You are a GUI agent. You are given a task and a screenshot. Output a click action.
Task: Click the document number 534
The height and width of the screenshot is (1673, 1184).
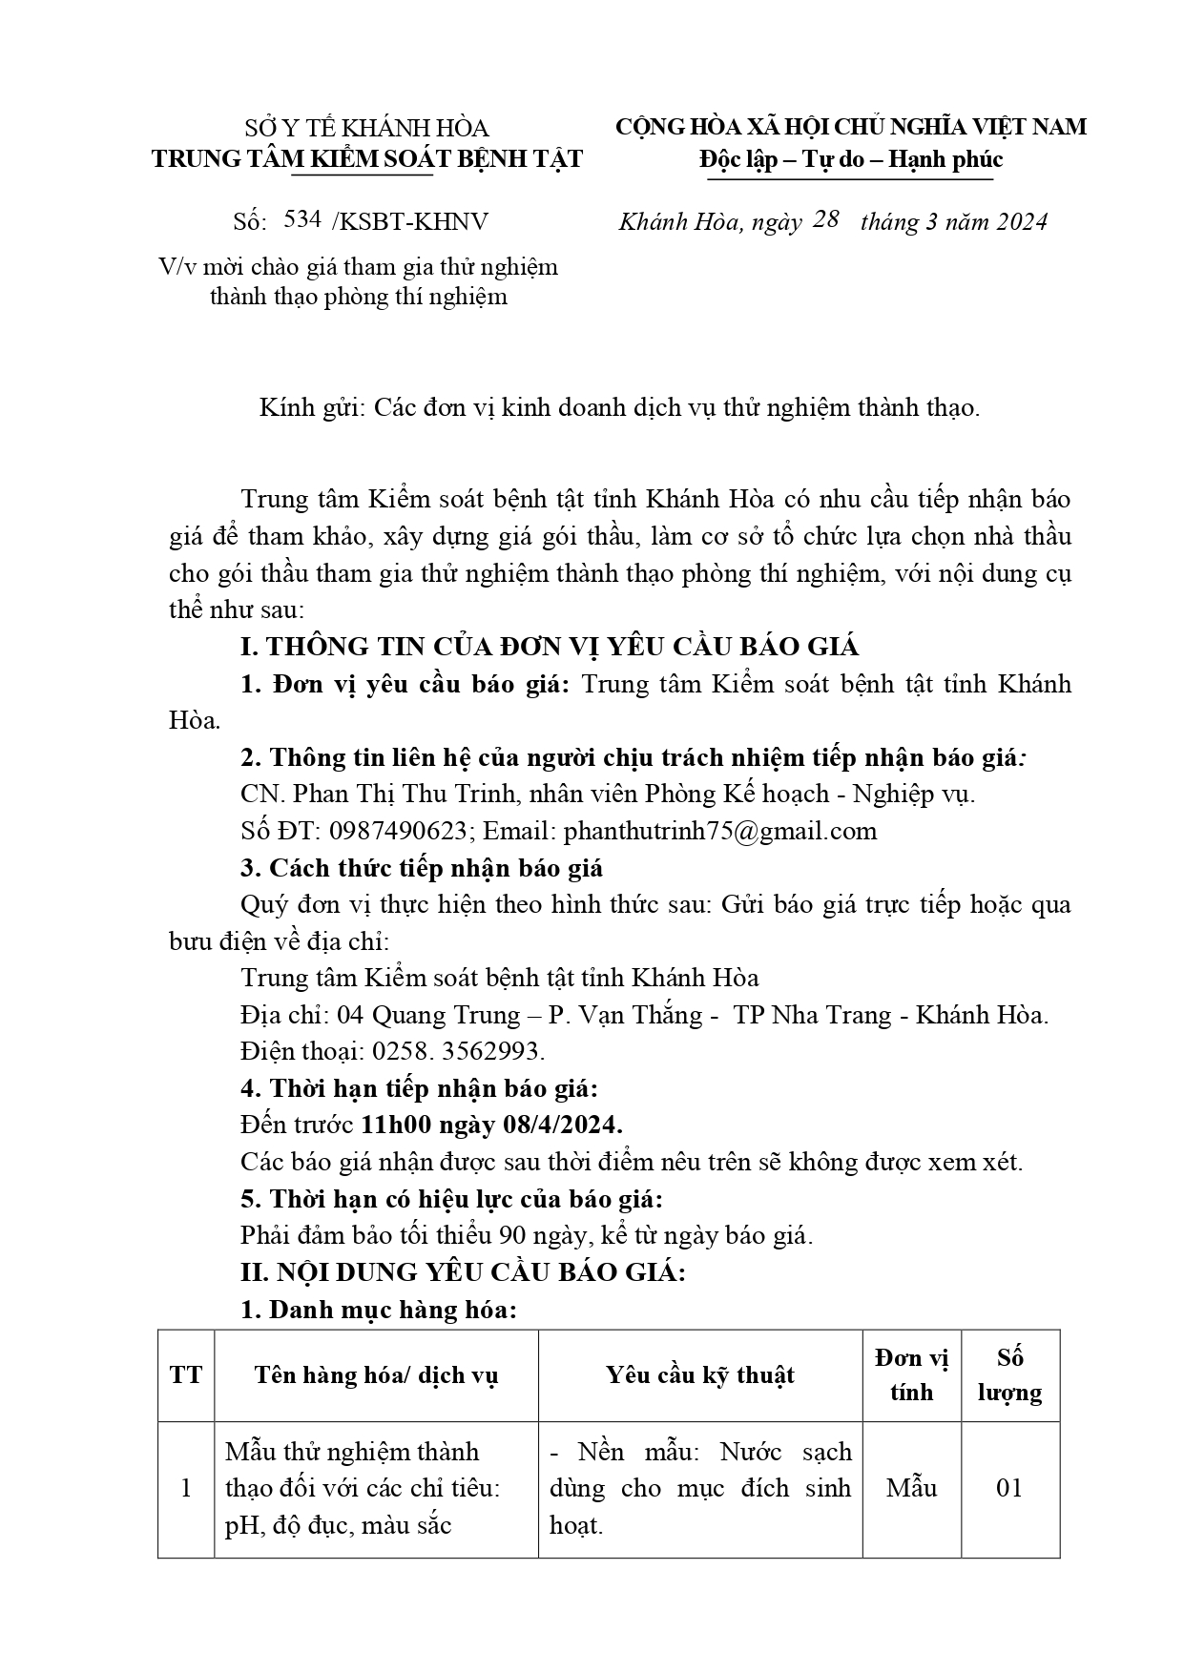302,219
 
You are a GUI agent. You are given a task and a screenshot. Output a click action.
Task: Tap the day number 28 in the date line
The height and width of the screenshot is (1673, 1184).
825,219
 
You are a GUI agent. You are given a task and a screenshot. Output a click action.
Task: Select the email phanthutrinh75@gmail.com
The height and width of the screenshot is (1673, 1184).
720,831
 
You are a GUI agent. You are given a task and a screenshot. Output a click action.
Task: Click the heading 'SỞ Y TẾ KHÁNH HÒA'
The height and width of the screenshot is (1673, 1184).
366,128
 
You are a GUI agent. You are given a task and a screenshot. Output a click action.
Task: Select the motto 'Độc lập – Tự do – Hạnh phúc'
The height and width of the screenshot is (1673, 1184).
850,159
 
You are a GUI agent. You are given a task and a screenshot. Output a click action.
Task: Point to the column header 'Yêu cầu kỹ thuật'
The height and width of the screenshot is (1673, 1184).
699,1374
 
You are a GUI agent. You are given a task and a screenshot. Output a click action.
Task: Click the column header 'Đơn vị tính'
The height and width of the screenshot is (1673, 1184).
911,1374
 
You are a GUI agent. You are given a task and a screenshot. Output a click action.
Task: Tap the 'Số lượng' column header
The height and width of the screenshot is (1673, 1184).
1009,1374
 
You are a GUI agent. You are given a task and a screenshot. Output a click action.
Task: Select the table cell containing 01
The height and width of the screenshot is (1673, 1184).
1009,1488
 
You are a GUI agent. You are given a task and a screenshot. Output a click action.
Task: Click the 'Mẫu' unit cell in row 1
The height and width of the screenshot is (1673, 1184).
911,1488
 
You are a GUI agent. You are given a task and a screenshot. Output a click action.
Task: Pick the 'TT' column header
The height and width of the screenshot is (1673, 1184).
186,1374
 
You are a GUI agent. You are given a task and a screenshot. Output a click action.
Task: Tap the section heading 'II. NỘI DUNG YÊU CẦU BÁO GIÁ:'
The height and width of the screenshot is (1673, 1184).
463,1272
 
